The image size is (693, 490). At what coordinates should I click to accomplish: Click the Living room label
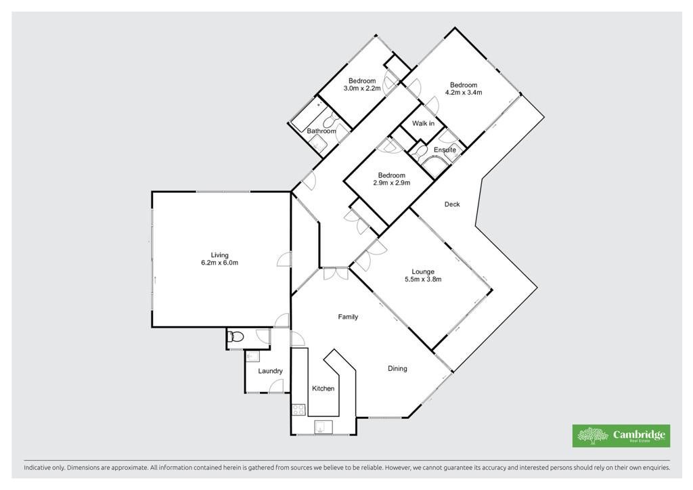click(x=220, y=255)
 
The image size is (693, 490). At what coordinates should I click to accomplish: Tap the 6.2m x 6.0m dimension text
click(x=220, y=263)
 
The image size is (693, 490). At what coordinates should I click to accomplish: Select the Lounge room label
click(x=423, y=271)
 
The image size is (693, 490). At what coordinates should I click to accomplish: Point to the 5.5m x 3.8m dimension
click(x=423, y=280)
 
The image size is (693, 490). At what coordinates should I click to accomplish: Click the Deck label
click(x=452, y=204)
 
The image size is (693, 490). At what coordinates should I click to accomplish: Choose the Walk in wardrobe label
click(x=423, y=123)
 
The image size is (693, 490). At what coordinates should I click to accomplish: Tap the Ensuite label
click(x=445, y=150)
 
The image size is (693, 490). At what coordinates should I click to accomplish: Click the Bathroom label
click(x=321, y=131)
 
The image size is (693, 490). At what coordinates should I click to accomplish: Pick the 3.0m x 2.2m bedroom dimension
click(x=362, y=89)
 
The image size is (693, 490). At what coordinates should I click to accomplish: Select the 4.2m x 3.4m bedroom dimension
click(x=464, y=92)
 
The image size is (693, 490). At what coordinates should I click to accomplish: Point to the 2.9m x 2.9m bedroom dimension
click(x=392, y=183)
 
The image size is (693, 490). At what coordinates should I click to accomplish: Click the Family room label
click(x=348, y=317)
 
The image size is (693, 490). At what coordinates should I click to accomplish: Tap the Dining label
click(x=397, y=368)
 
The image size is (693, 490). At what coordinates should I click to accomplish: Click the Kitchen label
click(x=323, y=388)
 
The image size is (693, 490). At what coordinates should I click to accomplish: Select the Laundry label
click(x=270, y=371)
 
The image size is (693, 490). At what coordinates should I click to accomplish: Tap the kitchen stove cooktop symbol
click(x=298, y=409)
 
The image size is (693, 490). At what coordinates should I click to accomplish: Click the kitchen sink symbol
click(x=323, y=427)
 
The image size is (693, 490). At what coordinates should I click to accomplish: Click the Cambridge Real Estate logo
click(x=621, y=436)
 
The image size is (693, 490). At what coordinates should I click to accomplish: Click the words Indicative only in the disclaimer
click(x=44, y=467)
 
